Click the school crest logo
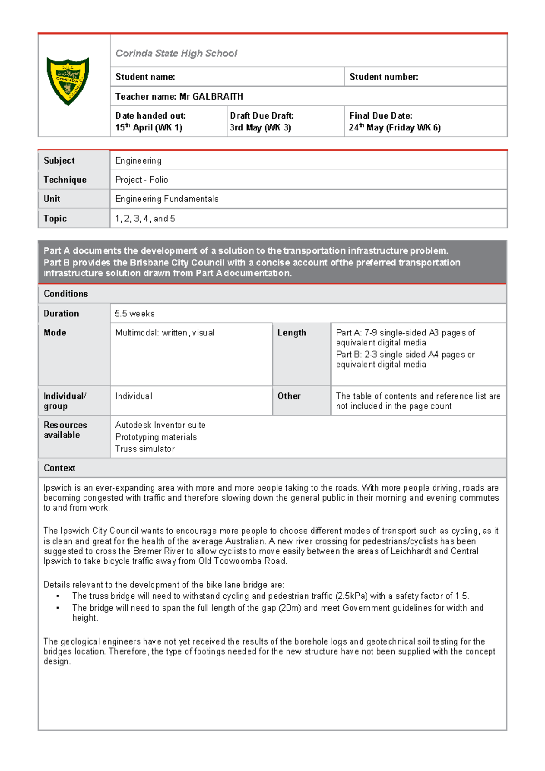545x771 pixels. (x=68, y=81)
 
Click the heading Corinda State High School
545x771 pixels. (x=176, y=53)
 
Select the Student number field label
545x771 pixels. (x=383, y=77)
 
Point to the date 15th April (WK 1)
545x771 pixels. (x=149, y=128)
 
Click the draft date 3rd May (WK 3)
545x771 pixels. (x=260, y=128)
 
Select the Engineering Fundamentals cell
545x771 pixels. (x=167, y=199)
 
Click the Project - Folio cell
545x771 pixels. (x=141, y=180)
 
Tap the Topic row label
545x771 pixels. (x=55, y=219)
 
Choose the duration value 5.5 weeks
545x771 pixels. (x=134, y=314)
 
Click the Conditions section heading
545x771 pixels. (x=65, y=294)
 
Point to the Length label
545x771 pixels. (x=292, y=333)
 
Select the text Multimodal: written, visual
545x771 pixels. (x=165, y=333)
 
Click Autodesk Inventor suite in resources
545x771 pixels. (x=160, y=425)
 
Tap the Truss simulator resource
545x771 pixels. (x=144, y=449)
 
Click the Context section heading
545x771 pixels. (x=59, y=468)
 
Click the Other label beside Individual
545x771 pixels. (x=289, y=396)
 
